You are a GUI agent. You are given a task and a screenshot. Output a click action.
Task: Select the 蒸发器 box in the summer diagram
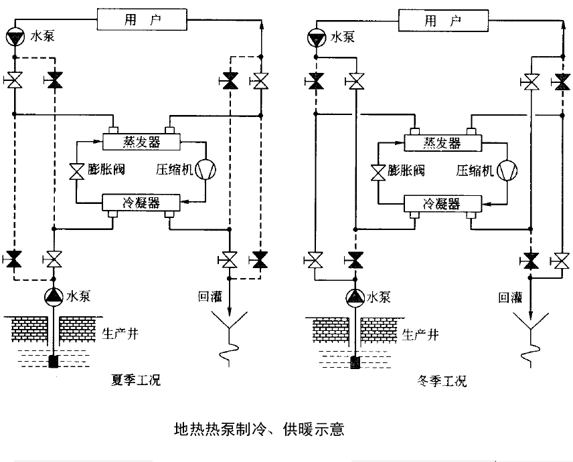[x=141, y=142]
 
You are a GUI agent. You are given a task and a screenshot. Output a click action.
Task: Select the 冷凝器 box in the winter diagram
[x=442, y=203]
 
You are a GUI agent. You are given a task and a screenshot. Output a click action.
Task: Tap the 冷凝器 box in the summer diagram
[x=141, y=203]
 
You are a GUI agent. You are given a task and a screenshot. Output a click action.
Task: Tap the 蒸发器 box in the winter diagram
[x=441, y=142]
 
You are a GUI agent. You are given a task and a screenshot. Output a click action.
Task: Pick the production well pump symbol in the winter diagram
[x=355, y=295]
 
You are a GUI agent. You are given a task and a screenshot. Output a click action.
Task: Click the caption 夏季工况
[x=136, y=382]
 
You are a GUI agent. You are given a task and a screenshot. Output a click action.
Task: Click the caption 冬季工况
[x=437, y=382]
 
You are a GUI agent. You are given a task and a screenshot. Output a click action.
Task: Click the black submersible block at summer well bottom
[x=54, y=362]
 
